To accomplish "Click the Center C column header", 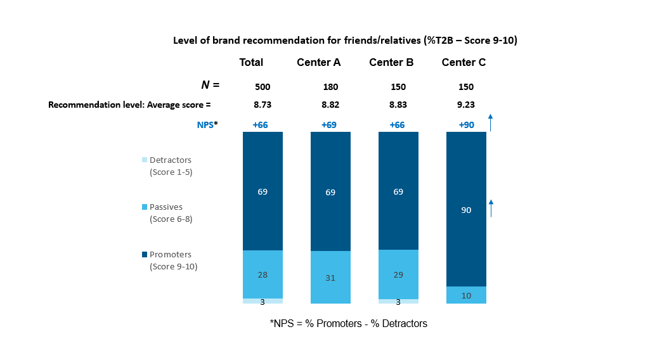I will (x=464, y=62).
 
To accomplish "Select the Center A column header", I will (x=318, y=62).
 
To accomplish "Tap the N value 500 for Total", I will (x=262, y=87).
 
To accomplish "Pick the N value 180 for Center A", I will (x=330, y=87).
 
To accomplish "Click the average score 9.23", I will (x=466, y=105).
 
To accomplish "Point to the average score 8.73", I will (x=262, y=105).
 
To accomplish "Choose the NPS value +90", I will (x=466, y=125).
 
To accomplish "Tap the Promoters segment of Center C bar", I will (x=466, y=209).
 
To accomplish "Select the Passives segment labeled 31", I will (x=330, y=278).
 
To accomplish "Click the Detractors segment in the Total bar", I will (x=263, y=301).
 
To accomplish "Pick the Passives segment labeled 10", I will (x=466, y=295).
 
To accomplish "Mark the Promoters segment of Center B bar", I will (x=398, y=191).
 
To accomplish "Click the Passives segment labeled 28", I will (x=263, y=274).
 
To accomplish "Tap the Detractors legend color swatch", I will (x=145, y=160).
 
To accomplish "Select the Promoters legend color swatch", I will (x=145, y=255).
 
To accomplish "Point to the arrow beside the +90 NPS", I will (x=490, y=122).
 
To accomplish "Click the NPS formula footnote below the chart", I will (x=349, y=323).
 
